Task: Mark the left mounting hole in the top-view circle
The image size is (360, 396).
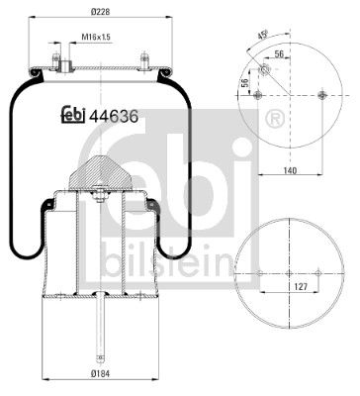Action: click(x=257, y=95)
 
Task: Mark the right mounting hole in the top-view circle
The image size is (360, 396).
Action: click(x=322, y=95)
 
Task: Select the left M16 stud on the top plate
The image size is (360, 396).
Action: click(x=59, y=61)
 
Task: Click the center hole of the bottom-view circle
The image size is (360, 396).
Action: click(x=289, y=274)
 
